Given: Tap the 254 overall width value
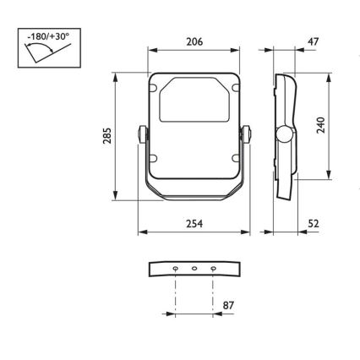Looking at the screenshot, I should [193, 224].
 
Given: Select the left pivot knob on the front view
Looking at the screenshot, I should [140, 134].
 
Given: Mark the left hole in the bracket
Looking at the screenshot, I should [175, 270].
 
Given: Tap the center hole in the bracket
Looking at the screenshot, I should [194, 270].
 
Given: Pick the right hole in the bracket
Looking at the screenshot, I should [213, 270].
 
